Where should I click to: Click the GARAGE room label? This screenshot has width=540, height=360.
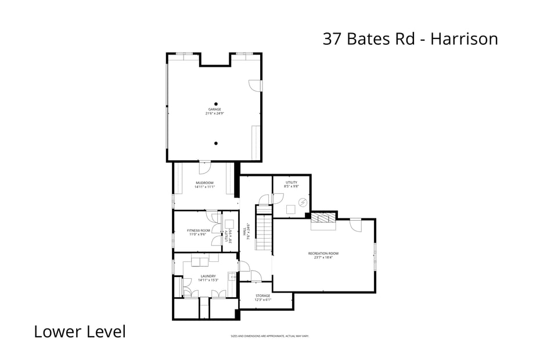click(215, 109)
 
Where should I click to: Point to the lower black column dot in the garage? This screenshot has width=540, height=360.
click(215, 143)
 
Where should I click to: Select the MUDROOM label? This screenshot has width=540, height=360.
click(204, 183)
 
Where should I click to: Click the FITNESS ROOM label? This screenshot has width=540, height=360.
click(199, 231)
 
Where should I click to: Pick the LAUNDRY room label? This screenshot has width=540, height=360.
click(208, 276)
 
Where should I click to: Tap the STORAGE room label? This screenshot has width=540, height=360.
click(263, 296)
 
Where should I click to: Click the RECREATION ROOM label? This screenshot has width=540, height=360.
click(323, 253)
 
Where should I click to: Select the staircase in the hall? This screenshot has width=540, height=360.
click(264, 232)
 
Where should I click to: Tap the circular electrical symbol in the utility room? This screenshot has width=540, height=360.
click(302, 202)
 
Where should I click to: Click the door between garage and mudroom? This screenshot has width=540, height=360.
click(204, 167)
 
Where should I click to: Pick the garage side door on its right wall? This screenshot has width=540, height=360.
click(255, 85)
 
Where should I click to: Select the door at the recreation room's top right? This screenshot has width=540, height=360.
click(355, 223)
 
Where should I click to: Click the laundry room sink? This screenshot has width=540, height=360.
click(232, 276)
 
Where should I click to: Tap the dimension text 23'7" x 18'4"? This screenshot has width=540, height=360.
click(323, 257)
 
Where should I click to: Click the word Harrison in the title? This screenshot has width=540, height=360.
click(464, 39)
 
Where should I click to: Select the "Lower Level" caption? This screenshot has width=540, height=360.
click(80, 332)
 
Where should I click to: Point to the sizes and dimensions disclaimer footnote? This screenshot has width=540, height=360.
click(270, 336)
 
